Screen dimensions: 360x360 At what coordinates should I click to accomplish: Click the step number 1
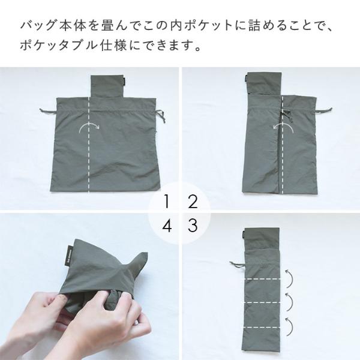pyautogui.click(x=167, y=202)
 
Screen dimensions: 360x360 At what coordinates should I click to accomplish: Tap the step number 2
pyautogui.click(x=193, y=202)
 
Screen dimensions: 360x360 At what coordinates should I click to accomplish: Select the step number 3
pyautogui.click(x=193, y=225)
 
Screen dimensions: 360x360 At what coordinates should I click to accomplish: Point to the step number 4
pyautogui.click(x=167, y=225)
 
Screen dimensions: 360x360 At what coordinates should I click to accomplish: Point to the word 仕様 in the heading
pyautogui.click(x=113, y=45)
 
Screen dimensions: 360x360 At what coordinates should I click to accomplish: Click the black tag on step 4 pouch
pyautogui.click(x=70, y=256)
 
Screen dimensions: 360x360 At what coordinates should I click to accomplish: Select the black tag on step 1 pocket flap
pyautogui.click(x=123, y=81)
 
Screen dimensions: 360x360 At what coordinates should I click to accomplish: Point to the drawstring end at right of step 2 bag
pyautogui.click(x=324, y=110)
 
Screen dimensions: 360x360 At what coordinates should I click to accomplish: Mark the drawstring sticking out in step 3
pyautogui.click(x=237, y=264)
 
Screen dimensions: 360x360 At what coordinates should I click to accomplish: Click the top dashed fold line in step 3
pyautogui.click(x=262, y=280)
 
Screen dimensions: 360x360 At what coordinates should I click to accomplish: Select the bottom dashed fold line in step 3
pyautogui.click(x=262, y=327)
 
